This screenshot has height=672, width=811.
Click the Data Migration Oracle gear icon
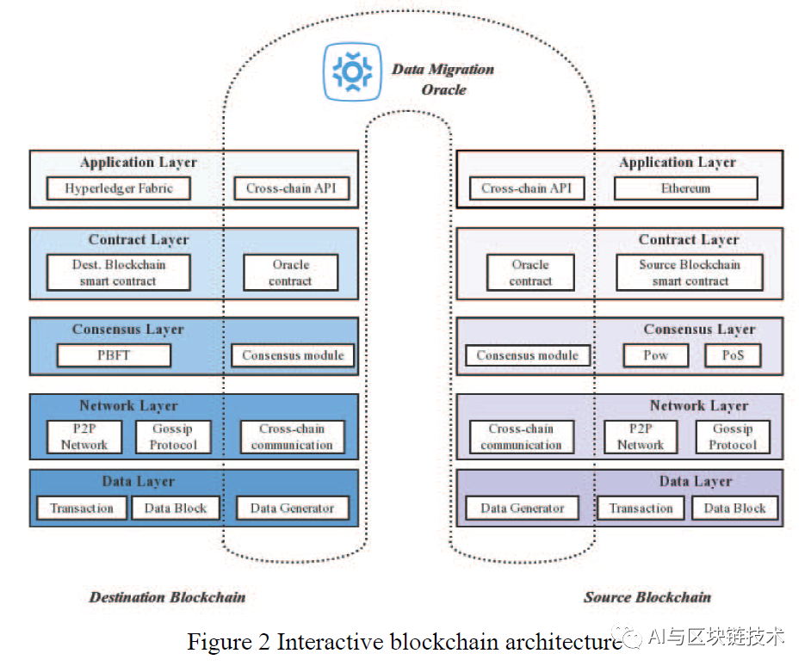(x=352, y=71)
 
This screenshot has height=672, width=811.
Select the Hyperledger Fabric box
(x=119, y=188)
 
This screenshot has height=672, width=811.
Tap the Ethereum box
(x=685, y=188)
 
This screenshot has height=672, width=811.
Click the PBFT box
(x=115, y=355)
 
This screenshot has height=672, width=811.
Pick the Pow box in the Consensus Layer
(x=656, y=355)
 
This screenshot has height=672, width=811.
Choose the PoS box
(x=733, y=355)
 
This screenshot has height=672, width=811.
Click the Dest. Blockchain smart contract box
(x=118, y=273)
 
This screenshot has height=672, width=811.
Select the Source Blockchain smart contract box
(x=690, y=273)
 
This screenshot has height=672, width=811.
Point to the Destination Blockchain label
(x=167, y=597)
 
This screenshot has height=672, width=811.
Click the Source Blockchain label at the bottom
(x=647, y=597)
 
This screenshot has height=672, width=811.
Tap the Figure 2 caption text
(x=404, y=642)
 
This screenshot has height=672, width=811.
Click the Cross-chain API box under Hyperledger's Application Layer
(x=291, y=188)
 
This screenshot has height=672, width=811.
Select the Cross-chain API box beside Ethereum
(x=527, y=188)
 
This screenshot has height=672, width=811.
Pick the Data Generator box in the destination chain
(x=292, y=509)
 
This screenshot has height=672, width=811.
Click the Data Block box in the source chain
(x=734, y=509)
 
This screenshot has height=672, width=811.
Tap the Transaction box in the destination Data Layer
(x=82, y=509)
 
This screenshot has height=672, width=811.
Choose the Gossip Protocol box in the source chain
(x=733, y=437)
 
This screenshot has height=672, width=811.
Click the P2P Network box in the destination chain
(x=84, y=437)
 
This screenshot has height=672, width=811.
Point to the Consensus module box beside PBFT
(x=293, y=355)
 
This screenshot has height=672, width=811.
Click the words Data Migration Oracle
(x=443, y=78)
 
